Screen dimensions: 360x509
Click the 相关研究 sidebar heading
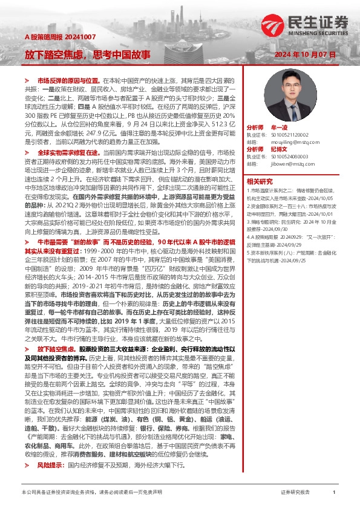click(260, 180)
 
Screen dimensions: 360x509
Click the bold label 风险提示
click(49, 465)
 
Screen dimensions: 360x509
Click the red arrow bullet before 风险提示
click(27, 465)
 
